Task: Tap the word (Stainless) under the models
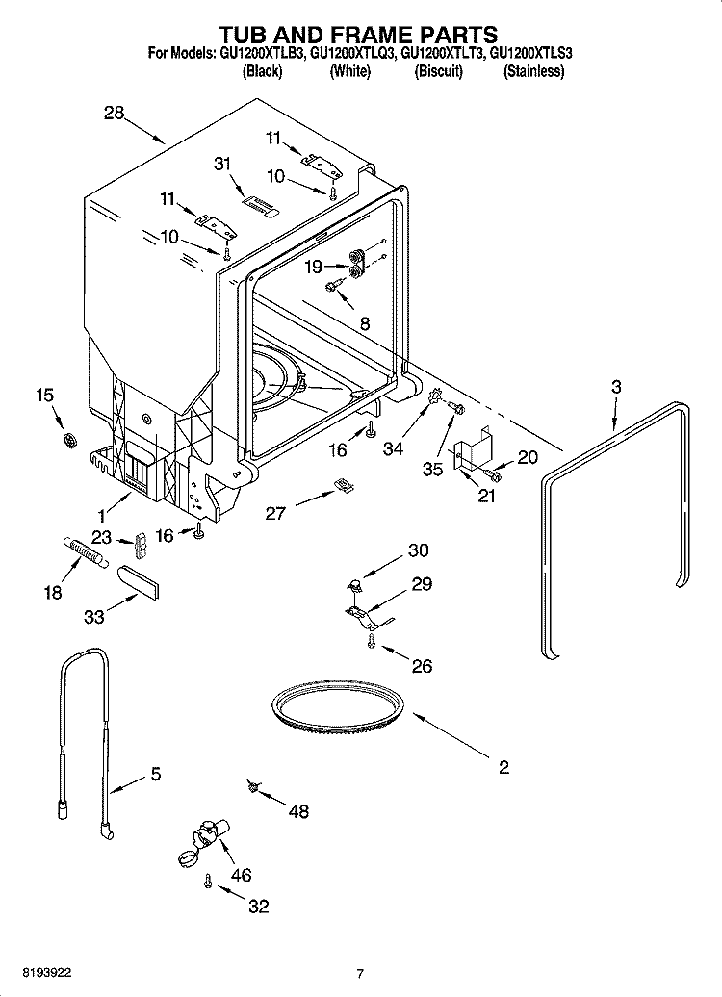click(533, 72)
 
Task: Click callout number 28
click(115, 114)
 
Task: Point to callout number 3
click(616, 386)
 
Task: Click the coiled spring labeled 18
click(86, 555)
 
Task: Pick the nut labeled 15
click(69, 441)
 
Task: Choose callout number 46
click(241, 875)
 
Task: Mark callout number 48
click(298, 811)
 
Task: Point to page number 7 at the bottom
click(359, 974)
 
